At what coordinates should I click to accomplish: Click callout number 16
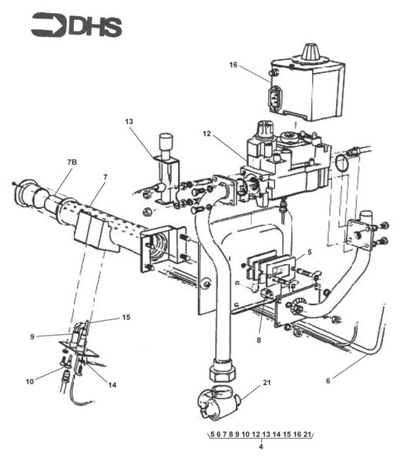pyautogui.click(x=233, y=65)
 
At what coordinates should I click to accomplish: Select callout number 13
pyautogui.click(x=129, y=122)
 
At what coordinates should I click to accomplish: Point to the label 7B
pyautogui.click(x=72, y=162)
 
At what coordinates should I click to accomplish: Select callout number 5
pyautogui.click(x=309, y=251)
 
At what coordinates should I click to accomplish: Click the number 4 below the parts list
pyautogui.click(x=261, y=447)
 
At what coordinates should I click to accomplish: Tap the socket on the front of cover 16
pyautogui.click(x=274, y=99)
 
